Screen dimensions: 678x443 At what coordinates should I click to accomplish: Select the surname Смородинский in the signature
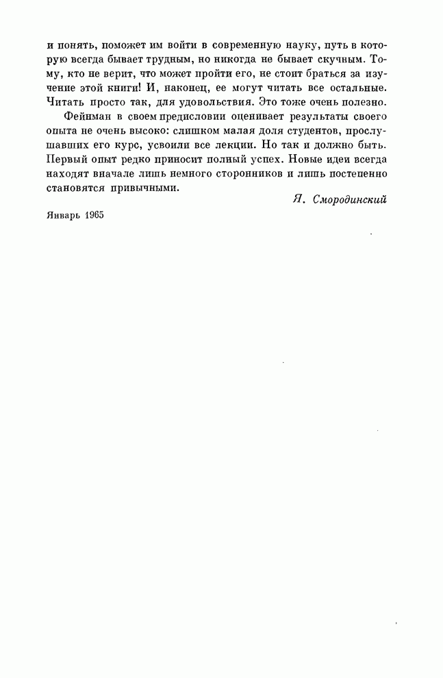pos(349,200)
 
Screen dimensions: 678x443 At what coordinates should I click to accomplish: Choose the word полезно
pos(369,102)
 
